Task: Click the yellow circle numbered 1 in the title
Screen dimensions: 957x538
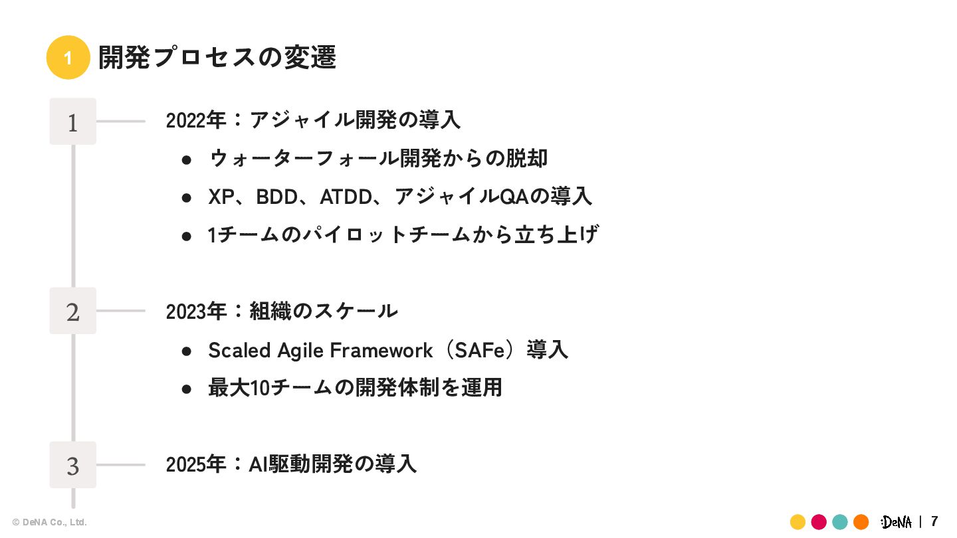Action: (x=68, y=58)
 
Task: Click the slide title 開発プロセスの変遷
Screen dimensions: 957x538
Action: (x=217, y=58)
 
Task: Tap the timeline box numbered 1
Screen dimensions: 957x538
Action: (x=73, y=122)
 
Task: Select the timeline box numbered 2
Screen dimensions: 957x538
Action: (x=73, y=311)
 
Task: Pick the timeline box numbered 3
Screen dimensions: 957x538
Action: (x=73, y=465)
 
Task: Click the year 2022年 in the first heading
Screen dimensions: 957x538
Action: (x=196, y=120)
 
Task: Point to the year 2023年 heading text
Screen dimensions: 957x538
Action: (x=196, y=310)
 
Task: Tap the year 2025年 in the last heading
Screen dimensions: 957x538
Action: (x=196, y=464)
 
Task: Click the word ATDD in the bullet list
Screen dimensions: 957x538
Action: (x=345, y=197)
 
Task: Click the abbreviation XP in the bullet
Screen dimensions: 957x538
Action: (x=221, y=197)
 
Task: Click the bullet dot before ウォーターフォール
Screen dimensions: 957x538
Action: (x=187, y=159)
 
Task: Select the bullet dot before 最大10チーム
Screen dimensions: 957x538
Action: (x=187, y=389)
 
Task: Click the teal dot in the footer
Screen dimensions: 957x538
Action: (x=840, y=521)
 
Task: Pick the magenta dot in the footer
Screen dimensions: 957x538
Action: (x=819, y=521)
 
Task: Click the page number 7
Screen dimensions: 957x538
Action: (x=934, y=521)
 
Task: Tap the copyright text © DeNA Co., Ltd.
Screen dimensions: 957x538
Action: (x=50, y=522)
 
